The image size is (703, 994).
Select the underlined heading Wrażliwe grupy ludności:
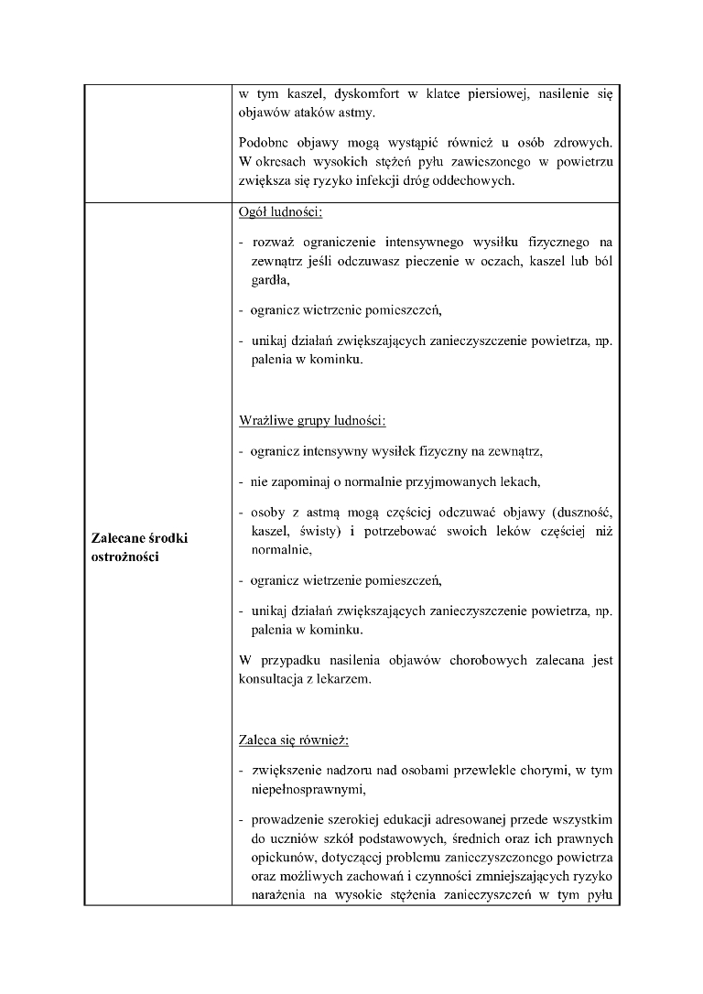pyautogui.click(x=311, y=422)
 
